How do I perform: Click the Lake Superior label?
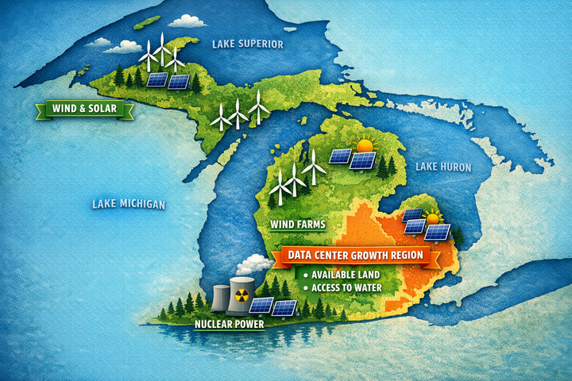(247, 44)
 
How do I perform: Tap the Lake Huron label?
(443, 167)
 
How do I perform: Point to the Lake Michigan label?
(128, 205)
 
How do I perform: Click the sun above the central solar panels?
(365, 146)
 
